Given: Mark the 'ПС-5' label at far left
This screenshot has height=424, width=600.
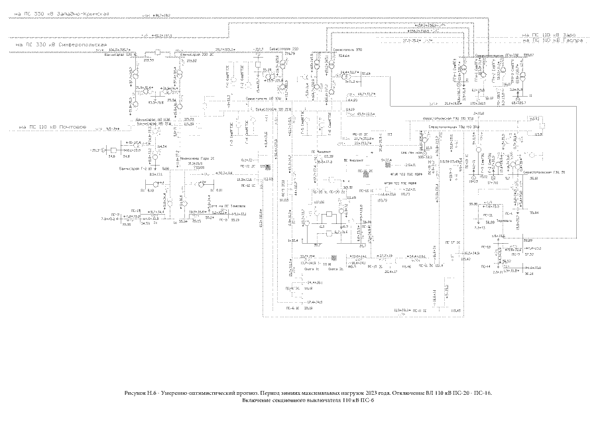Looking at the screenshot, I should [114, 215].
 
